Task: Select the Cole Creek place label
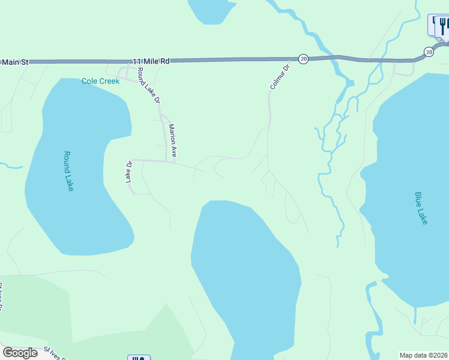coord(100,81)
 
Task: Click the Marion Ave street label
coord(172,140)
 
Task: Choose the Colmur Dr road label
coord(279,77)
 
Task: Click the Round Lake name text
coord(68,170)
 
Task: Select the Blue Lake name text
coord(421,208)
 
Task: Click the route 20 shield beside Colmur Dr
coord(303,59)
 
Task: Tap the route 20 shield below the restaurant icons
coord(428,52)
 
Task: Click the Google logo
coord(20,353)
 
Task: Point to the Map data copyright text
coord(423,355)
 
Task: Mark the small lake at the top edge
coord(210,10)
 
